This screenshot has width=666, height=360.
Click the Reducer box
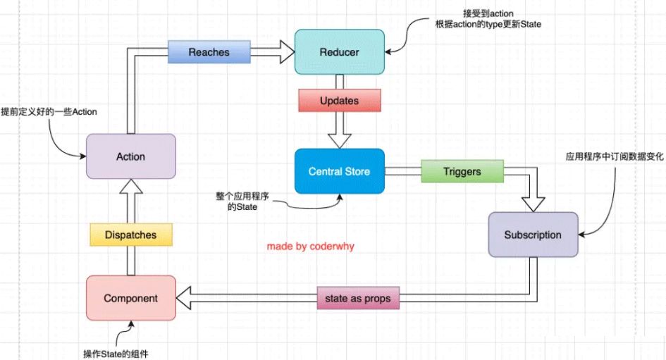tap(340, 52)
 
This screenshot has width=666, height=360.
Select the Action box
tap(130, 156)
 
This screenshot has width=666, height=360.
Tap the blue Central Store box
tap(340, 171)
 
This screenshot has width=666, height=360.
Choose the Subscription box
tap(533, 235)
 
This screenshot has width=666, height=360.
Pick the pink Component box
tap(130, 298)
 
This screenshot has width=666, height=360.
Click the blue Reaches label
tap(209, 52)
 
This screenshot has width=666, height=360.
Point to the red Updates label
tap(339, 101)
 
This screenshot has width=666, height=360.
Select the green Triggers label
tap(462, 171)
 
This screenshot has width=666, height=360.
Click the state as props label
tap(357, 299)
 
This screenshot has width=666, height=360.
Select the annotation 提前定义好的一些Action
tap(49, 112)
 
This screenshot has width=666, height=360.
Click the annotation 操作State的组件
tap(116, 353)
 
